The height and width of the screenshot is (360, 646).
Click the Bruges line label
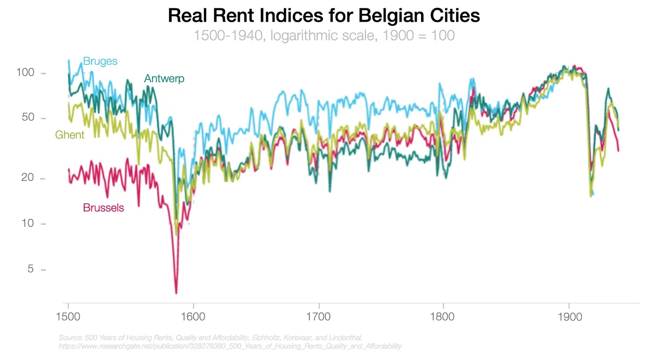pos(100,61)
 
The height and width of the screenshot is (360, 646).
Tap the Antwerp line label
pos(164,79)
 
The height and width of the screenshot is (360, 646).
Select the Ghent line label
pos(70,135)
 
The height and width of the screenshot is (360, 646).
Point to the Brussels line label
pos(103,207)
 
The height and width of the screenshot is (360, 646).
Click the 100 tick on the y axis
pos(25,72)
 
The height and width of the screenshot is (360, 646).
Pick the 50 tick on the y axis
pos(28,118)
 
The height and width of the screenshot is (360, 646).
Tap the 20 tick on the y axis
pos(28,178)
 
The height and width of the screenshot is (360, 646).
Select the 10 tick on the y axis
pos(28,223)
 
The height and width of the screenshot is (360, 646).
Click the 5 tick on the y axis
pos(31,269)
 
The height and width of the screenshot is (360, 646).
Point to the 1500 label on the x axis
pos(68,318)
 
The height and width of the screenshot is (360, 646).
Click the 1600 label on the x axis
pos(193,318)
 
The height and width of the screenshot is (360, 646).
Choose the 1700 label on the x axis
pos(319,318)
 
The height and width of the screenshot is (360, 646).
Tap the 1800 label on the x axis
pos(444,318)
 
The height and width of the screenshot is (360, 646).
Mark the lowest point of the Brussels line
pos(176,293)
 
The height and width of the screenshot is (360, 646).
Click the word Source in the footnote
pos(68,338)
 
